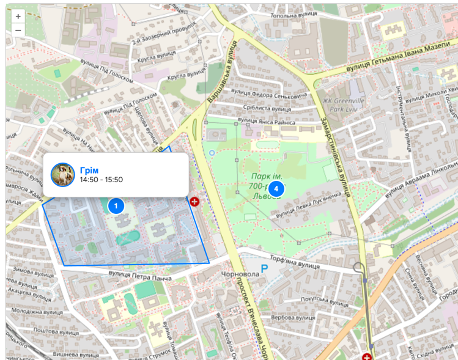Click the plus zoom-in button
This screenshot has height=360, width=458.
[x=18, y=17]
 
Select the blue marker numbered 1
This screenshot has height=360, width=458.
[x=116, y=206]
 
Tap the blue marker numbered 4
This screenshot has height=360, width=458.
[x=276, y=189]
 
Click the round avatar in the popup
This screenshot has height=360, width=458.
[x=62, y=175]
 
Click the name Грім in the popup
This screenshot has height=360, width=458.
[x=89, y=170]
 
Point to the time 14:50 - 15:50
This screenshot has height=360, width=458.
[x=102, y=180]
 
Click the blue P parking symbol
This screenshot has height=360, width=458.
[x=265, y=268]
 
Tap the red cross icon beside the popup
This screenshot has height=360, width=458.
[x=195, y=201]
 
